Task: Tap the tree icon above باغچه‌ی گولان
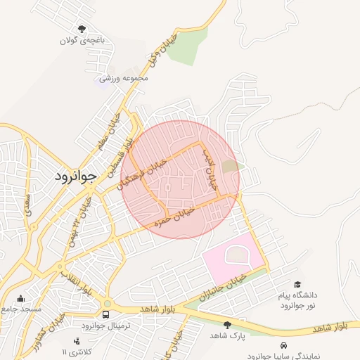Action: click(x=82, y=29)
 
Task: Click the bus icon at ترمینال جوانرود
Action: click(x=105, y=314)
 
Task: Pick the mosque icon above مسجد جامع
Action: click(x=20, y=298)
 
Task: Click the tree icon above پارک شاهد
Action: click(x=227, y=324)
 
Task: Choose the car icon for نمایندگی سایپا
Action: click(x=283, y=346)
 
